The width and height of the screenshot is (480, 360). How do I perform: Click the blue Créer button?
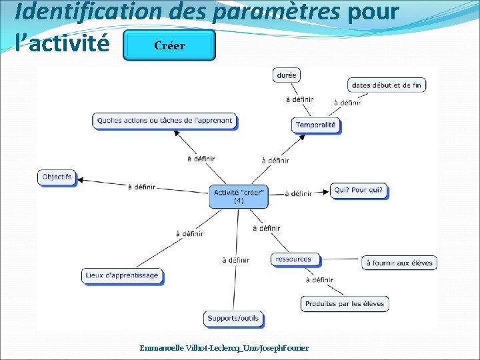[x=169, y=45]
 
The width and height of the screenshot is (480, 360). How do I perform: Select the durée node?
[x=286, y=75]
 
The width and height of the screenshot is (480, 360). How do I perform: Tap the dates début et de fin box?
[x=387, y=85]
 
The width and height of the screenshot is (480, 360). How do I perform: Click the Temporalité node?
[x=316, y=125]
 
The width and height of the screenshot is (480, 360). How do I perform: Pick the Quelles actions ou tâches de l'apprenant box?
[x=165, y=121]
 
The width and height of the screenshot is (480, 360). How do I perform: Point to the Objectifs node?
[x=57, y=177]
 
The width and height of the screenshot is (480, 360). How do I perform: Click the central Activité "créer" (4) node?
[x=239, y=196]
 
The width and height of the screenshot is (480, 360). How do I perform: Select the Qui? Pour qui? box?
[x=359, y=190]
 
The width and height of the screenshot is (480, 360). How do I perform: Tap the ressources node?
[x=293, y=259]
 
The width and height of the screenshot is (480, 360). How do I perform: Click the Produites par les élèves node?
[x=345, y=304]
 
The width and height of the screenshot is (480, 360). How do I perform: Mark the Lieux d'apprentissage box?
[x=123, y=275]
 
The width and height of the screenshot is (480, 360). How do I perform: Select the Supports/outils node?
[x=233, y=318]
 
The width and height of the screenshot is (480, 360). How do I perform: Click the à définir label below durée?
[x=299, y=100]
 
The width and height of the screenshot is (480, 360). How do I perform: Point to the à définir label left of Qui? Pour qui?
[x=298, y=193]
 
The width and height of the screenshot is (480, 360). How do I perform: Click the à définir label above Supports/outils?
[x=235, y=260]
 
